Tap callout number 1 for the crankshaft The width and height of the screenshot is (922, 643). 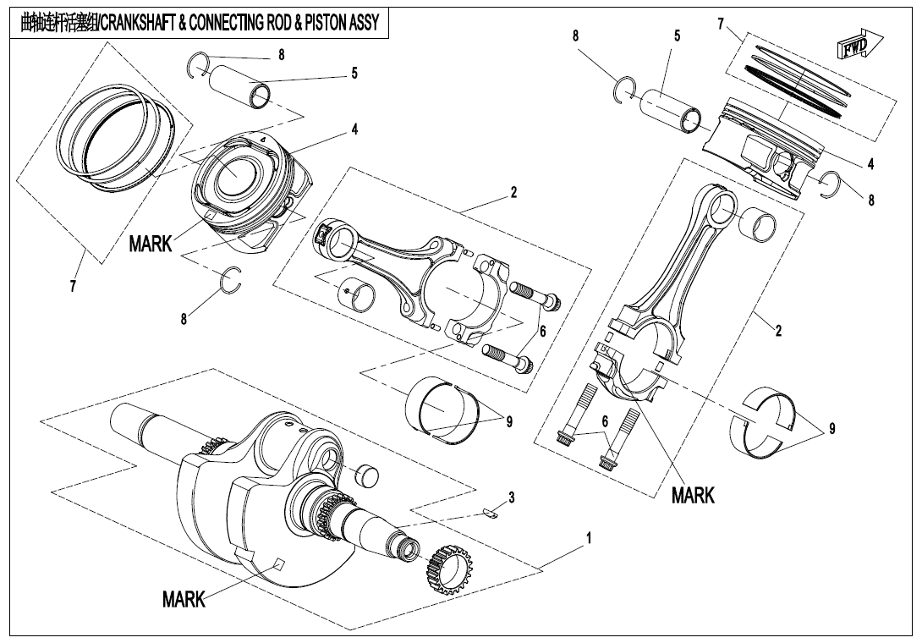coord(589,537)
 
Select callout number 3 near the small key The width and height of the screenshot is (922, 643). coord(512,496)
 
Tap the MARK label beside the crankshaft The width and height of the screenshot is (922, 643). coord(184,600)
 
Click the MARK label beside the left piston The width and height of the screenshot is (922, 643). coord(151,245)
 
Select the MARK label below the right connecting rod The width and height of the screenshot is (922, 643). coord(693,495)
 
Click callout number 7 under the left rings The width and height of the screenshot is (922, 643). coord(73,286)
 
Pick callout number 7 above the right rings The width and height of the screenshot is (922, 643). coord(721,24)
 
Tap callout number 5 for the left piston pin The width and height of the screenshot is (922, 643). coord(354,74)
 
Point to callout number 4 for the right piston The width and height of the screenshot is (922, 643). coord(870,163)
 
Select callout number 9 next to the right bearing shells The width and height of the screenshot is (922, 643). coord(832,429)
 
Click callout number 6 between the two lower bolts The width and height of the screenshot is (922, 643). coord(605,421)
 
